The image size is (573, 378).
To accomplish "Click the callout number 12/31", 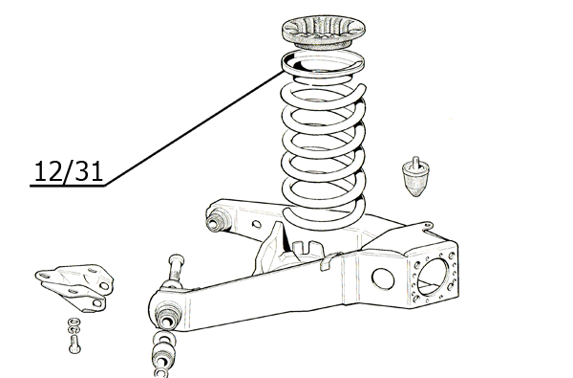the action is pyautogui.click(x=69, y=171).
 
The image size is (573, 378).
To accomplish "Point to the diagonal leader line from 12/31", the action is pyautogui.click(x=195, y=129).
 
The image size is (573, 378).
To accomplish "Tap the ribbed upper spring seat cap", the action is pyautogui.click(x=324, y=33).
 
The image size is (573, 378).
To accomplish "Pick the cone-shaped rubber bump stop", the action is pyautogui.click(x=415, y=177).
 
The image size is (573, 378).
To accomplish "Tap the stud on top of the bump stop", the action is pyautogui.click(x=415, y=162).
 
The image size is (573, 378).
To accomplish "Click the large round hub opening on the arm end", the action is pyautogui.click(x=433, y=277).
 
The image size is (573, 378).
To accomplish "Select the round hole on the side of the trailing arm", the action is pyautogui.click(x=383, y=278).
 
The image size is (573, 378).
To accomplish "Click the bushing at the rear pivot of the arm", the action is pyautogui.click(x=217, y=220).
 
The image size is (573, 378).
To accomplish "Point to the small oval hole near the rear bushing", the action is pyautogui.click(x=257, y=224).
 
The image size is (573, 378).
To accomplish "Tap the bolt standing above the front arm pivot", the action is pyautogui.click(x=176, y=269).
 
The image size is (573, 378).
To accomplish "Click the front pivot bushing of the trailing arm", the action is pyautogui.click(x=168, y=317).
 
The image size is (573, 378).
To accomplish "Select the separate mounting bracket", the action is pyautogui.click(x=75, y=287).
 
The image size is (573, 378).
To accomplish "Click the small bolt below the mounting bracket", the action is pyautogui.click(x=74, y=345).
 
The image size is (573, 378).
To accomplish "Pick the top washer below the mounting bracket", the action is pyautogui.click(x=74, y=322).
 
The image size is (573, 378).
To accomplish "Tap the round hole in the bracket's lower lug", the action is pyautogui.click(x=97, y=303).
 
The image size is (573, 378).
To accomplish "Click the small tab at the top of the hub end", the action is pyautogui.click(x=426, y=225).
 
